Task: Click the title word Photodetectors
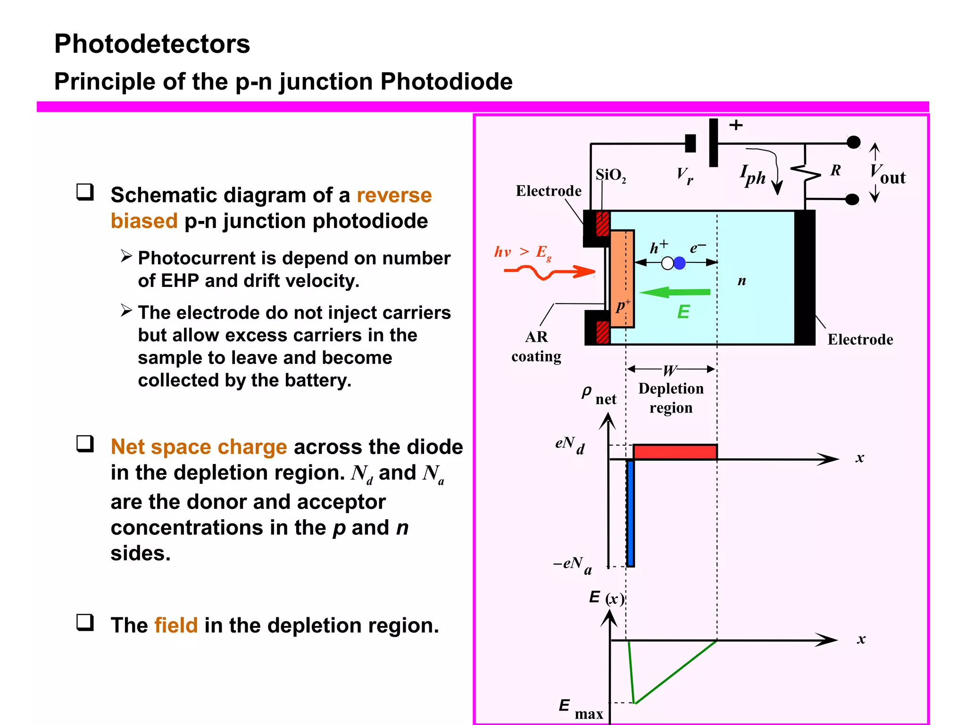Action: (152, 44)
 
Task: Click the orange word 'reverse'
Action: (394, 195)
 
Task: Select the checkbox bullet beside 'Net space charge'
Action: (85, 444)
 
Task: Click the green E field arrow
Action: (675, 293)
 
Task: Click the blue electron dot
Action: (680, 263)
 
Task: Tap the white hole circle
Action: (667, 263)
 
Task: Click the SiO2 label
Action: (610, 175)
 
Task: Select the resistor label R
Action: (835, 170)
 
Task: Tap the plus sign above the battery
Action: (736, 125)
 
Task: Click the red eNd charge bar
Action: (675, 452)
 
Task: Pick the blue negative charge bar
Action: (631, 513)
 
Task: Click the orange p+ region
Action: (622, 278)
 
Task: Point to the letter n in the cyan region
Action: (741, 281)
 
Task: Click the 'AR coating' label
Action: (536, 346)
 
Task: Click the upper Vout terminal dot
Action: (853, 143)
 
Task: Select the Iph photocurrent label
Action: (753, 175)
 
